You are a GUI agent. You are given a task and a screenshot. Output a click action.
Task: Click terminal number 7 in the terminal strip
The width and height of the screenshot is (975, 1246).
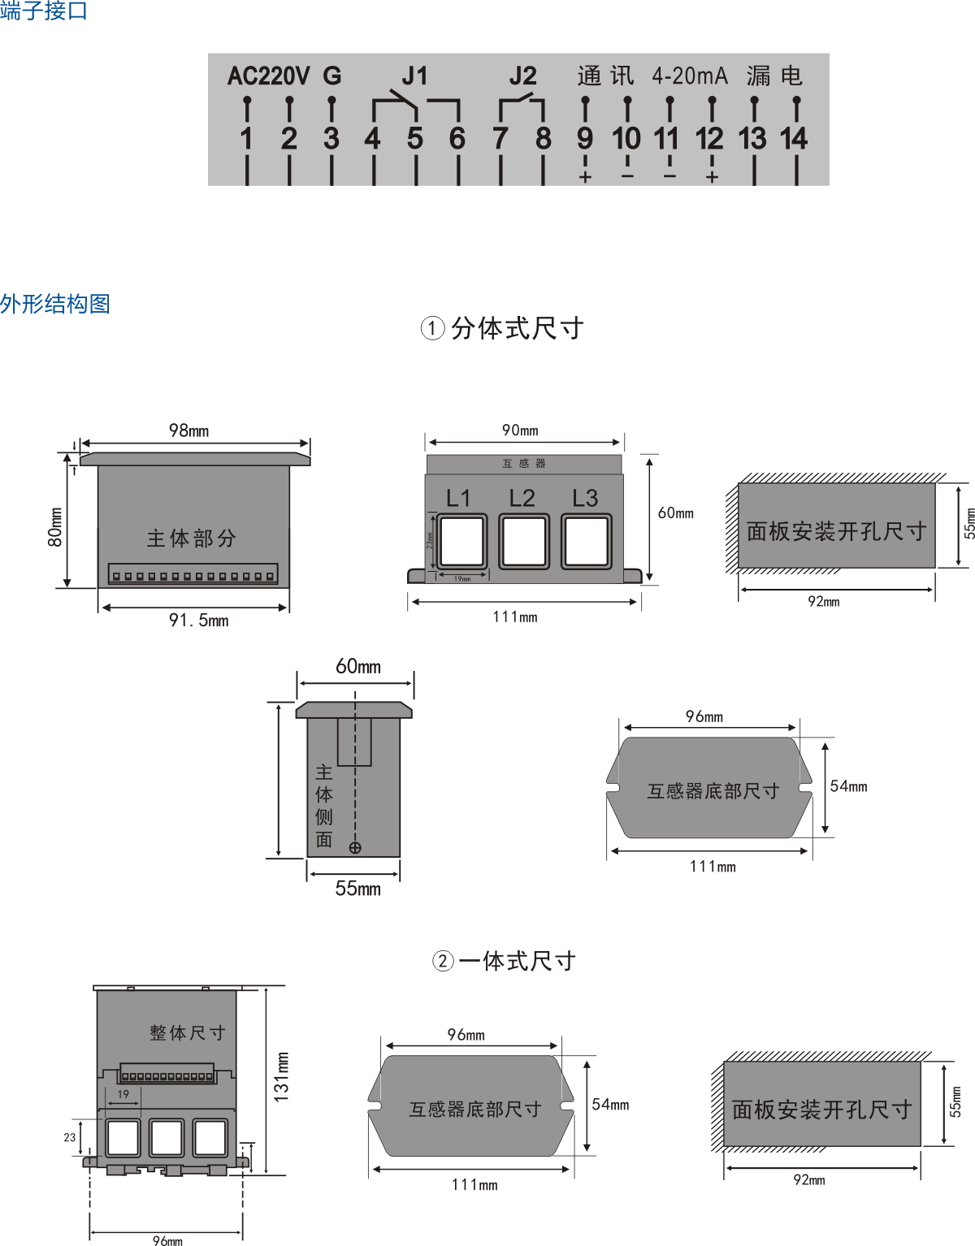(500, 139)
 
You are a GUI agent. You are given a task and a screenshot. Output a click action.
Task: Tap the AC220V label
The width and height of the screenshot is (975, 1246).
(268, 76)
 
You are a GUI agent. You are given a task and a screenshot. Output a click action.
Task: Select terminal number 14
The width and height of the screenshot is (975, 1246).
(794, 139)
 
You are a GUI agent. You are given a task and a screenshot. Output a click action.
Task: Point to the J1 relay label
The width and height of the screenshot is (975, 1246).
(414, 76)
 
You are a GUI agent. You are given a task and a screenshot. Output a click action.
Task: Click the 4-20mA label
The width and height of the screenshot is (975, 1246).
(690, 76)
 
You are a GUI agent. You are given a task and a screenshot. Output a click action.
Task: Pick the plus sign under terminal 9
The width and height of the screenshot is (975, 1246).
(585, 177)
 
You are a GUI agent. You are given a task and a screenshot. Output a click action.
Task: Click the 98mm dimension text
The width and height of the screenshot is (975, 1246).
(188, 430)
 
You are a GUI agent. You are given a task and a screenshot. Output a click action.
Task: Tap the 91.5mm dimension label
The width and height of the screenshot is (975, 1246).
(198, 621)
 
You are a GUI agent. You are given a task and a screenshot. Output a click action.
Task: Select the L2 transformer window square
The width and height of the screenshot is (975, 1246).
(524, 542)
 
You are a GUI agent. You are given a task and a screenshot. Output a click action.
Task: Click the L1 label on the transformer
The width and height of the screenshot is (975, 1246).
(458, 498)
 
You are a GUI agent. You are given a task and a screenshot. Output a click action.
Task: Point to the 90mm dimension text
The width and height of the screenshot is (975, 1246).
(520, 430)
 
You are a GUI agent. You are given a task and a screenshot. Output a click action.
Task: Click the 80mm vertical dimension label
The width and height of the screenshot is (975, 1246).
(55, 527)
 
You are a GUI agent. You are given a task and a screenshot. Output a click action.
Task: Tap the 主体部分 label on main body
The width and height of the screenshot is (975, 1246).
(192, 539)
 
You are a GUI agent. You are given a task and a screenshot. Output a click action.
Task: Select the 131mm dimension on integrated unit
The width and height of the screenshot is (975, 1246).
(281, 1077)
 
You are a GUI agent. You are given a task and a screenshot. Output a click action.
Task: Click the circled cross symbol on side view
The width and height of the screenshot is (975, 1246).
(355, 848)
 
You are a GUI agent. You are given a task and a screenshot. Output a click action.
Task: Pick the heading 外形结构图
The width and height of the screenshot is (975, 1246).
(55, 305)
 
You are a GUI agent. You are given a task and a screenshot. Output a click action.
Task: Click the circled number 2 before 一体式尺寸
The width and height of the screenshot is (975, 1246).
(442, 962)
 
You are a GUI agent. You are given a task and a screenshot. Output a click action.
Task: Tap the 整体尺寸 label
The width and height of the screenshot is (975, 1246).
(188, 1033)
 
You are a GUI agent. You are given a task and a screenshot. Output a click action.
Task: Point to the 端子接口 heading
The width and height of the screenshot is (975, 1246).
(44, 11)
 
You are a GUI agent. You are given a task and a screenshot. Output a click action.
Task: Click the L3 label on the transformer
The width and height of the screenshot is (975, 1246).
(585, 498)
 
